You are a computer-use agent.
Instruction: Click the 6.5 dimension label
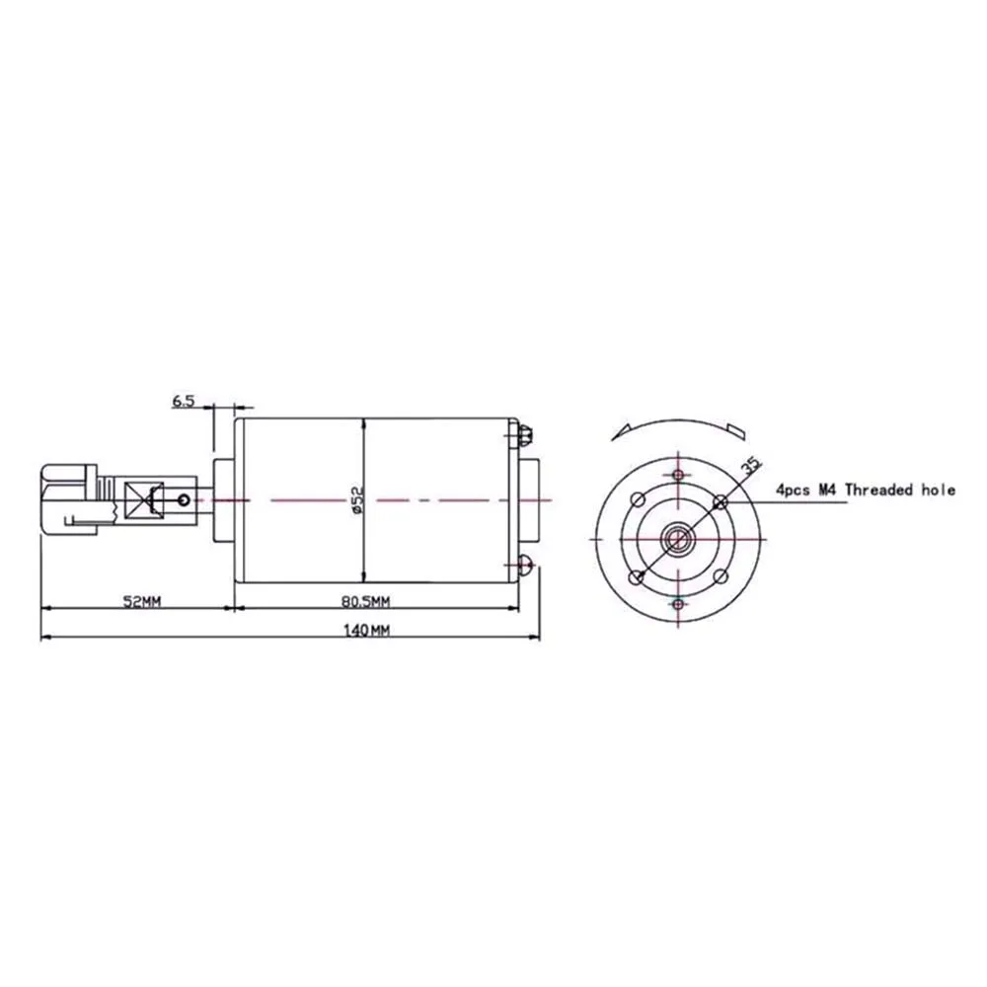point(184,401)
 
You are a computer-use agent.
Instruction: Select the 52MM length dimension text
point(141,602)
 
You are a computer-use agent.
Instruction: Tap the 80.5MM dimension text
point(366,602)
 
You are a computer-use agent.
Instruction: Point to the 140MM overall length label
point(366,630)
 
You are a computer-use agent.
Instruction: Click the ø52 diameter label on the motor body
point(357,499)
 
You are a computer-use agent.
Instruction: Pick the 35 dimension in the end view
point(750,467)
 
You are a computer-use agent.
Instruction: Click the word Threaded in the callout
point(878,490)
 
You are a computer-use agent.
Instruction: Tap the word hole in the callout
point(938,490)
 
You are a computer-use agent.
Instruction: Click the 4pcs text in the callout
point(794,491)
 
